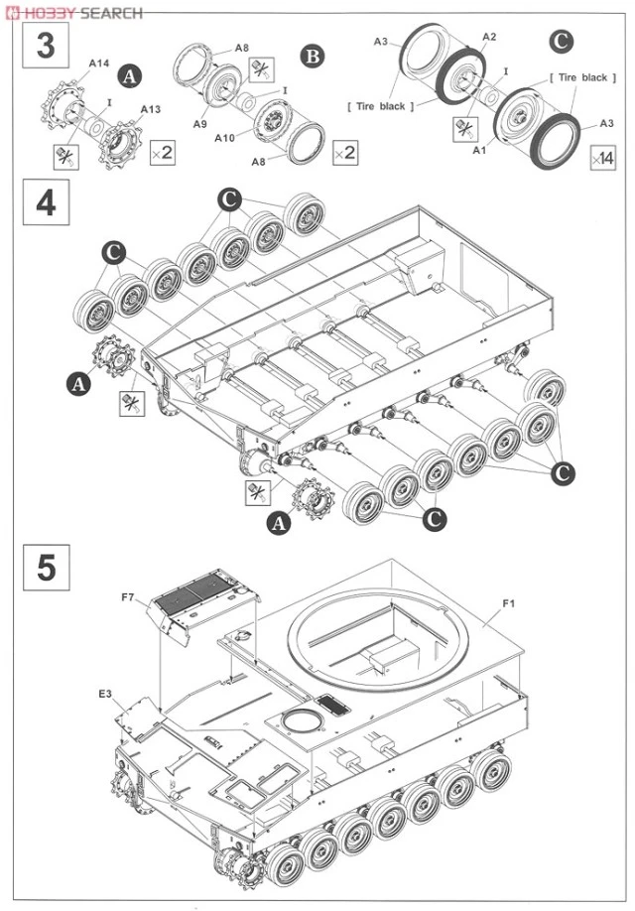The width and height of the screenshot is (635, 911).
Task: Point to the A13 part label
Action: (x=151, y=109)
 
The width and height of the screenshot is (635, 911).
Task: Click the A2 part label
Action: (x=489, y=37)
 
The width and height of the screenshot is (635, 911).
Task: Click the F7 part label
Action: (x=128, y=597)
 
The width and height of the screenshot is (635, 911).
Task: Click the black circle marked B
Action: (x=314, y=56)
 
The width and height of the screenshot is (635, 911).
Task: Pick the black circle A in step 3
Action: (x=128, y=73)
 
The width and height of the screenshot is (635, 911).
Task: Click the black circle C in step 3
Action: (x=562, y=43)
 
